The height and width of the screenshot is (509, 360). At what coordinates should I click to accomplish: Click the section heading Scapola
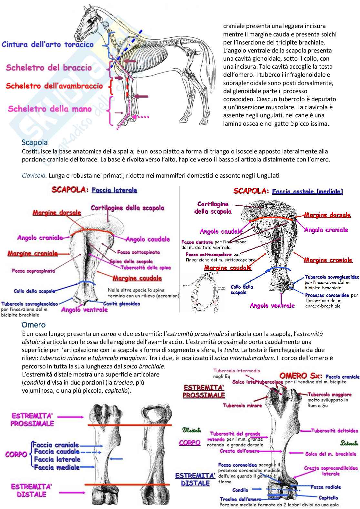pyautogui.click(x=35, y=142)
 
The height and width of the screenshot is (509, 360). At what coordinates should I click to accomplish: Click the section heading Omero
pyautogui.click(x=34, y=325)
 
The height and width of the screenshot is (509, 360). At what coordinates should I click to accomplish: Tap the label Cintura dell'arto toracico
pyautogui.click(x=47, y=44)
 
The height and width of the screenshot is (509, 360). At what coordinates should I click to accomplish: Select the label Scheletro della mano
pyautogui.click(x=50, y=109)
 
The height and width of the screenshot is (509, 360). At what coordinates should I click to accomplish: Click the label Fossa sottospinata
pyautogui.click(x=138, y=252)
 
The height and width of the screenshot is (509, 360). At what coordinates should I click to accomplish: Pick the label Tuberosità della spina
pyautogui.click(x=146, y=268)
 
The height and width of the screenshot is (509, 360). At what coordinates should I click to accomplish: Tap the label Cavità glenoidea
pyautogui.click(x=122, y=303)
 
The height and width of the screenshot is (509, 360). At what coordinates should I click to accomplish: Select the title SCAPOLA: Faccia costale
pyautogui.click(x=288, y=191)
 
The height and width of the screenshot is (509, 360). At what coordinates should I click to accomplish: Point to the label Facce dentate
pyautogui.click(x=197, y=242)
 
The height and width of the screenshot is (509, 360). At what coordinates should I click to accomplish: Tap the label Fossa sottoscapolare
pyautogui.click(x=209, y=255)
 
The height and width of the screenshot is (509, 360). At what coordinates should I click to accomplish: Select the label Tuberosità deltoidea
pyautogui.click(x=335, y=431)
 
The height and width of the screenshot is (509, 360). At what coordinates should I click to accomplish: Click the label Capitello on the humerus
pyautogui.click(x=328, y=498)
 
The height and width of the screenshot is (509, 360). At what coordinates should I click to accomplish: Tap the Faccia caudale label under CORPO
pyautogui.click(x=56, y=452)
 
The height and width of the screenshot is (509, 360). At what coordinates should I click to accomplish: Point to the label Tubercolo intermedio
pyautogui.click(x=236, y=371)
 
